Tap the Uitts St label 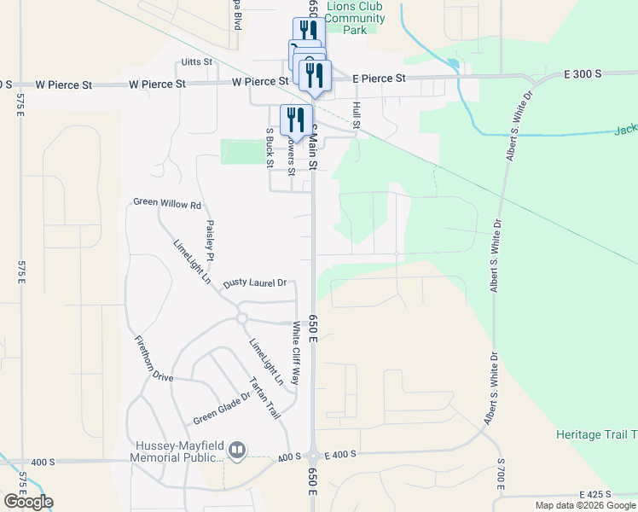coord(195,63)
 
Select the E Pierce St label coord(380,79)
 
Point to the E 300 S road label coord(583,74)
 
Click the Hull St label coord(357,117)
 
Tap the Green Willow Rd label coord(167,204)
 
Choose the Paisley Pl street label coord(209,241)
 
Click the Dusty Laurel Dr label coord(254,282)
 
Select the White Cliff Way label coord(296,352)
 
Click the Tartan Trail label coord(264,397)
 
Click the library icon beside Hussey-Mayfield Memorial coord(238,449)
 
